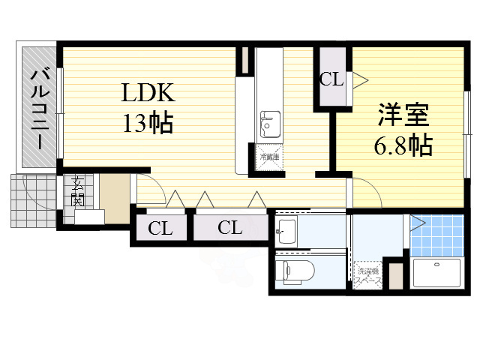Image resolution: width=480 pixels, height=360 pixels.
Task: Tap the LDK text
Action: coord(149,93)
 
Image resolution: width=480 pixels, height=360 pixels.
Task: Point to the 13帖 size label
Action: coord(148,121)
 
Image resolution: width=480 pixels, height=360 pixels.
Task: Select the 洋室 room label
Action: coord(403,115)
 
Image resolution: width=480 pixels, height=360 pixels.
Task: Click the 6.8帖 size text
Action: coord(403,145)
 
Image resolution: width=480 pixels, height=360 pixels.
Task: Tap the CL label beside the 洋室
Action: coord(331,79)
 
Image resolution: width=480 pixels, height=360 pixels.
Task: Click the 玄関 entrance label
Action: coord(77,192)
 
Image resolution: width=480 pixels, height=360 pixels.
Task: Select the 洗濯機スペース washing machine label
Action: coord(369,276)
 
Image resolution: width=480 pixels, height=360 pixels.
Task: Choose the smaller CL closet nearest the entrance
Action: coord(160,229)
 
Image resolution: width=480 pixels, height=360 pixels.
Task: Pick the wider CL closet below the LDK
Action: coord(230,228)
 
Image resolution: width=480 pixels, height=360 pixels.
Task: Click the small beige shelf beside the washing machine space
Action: coord(396,273)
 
